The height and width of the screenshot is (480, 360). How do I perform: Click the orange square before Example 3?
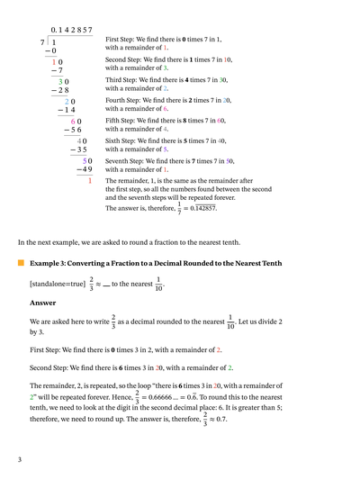22,263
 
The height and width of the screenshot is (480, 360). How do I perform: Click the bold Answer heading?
42,303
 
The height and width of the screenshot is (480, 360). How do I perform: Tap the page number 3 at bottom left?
19,459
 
